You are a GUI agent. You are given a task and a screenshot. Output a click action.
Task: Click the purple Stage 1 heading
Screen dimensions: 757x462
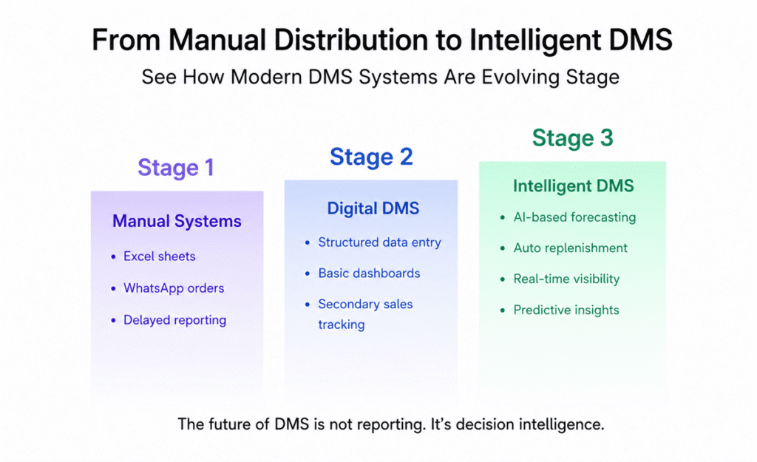(176, 168)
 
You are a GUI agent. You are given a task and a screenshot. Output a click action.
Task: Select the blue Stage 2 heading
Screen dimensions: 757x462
(371, 157)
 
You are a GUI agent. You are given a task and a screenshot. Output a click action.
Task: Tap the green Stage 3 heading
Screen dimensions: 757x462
(573, 138)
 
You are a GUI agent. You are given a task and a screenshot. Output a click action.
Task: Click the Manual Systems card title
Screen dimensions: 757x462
(177, 221)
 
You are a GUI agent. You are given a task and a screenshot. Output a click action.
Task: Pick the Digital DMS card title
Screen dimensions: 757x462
(373, 208)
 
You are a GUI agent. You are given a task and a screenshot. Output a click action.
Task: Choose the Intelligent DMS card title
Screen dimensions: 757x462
(573, 186)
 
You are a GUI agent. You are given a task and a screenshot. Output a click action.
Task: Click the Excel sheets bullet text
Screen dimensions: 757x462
(160, 257)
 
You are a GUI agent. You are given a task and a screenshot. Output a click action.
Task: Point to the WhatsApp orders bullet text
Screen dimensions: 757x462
(174, 288)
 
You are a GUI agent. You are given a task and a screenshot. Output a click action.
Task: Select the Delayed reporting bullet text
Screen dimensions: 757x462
(174, 320)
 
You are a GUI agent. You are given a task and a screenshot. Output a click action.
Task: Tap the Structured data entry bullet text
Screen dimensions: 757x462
(379, 242)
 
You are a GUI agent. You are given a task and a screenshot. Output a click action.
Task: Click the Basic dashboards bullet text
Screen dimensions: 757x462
(369, 274)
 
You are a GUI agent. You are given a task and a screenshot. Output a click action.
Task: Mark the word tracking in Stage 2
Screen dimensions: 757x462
(342, 325)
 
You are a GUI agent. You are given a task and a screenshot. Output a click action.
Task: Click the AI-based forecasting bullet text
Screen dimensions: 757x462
(574, 217)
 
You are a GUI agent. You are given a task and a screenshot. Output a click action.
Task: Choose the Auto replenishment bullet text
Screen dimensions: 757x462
(570, 248)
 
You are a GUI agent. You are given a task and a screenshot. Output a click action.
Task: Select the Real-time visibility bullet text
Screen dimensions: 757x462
(566, 279)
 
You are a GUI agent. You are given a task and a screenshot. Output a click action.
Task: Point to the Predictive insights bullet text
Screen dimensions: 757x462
(566, 310)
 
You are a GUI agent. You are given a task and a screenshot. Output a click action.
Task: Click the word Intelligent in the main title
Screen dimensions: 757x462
(535, 41)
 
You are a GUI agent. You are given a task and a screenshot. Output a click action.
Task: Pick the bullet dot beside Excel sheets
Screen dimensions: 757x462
(113, 257)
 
